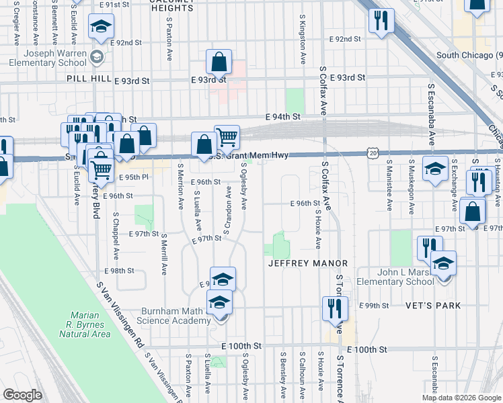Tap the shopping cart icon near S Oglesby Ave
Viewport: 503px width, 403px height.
click(x=227, y=137)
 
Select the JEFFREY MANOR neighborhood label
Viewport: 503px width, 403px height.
click(x=307, y=263)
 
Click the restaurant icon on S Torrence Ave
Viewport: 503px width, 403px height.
click(x=334, y=308)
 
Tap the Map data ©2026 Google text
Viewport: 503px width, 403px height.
click(x=461, y=398)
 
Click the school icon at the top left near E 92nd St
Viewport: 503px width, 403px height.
click(x=101, y=27)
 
